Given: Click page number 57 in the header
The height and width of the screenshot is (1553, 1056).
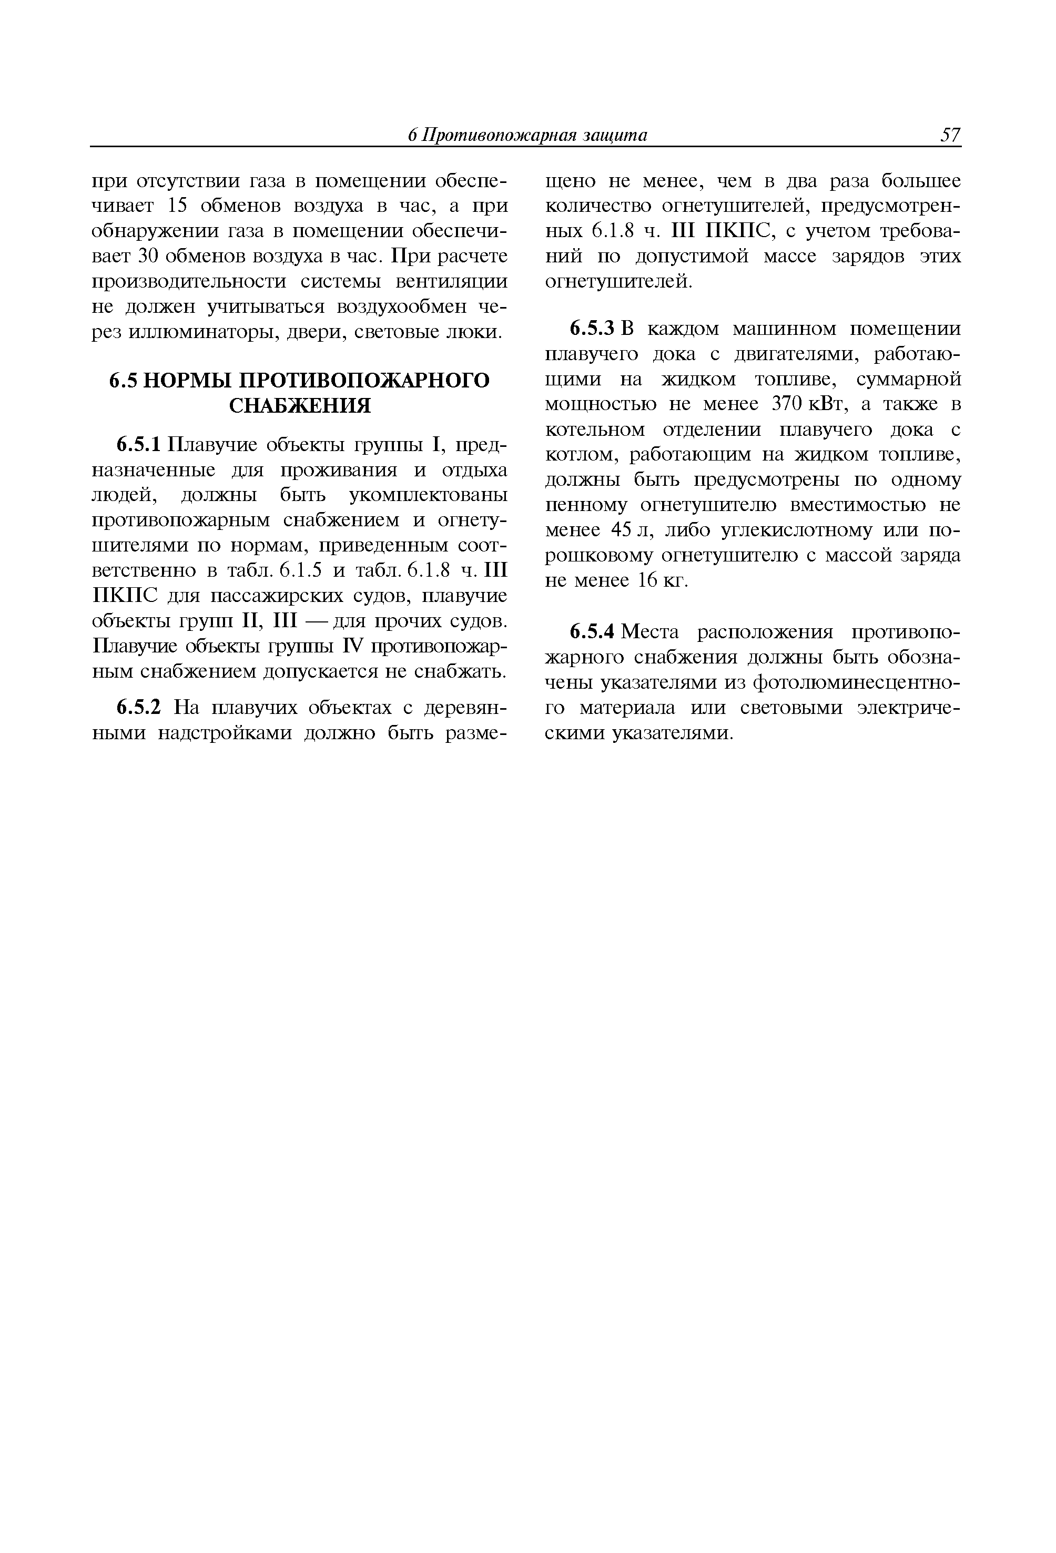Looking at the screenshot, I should [x=950, y=136].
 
